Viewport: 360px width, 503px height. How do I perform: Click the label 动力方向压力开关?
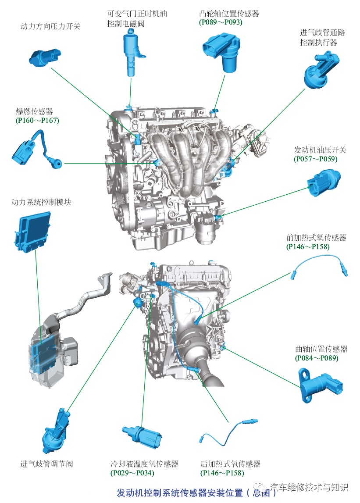click(50, 26)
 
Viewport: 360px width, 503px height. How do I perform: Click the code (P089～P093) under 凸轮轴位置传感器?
click(220, 22)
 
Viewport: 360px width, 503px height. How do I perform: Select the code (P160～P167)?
click(37, 121)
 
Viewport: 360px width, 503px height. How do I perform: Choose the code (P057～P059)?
click(316, 159)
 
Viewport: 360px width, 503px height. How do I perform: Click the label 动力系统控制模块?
click(41, 202)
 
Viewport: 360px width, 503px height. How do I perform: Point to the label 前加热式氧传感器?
click(316, 238)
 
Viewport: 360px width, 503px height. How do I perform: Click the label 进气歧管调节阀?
click(46, 464)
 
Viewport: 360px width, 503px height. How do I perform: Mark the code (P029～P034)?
click(132, 473)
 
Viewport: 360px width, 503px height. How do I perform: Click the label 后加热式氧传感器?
click(230, 464)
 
